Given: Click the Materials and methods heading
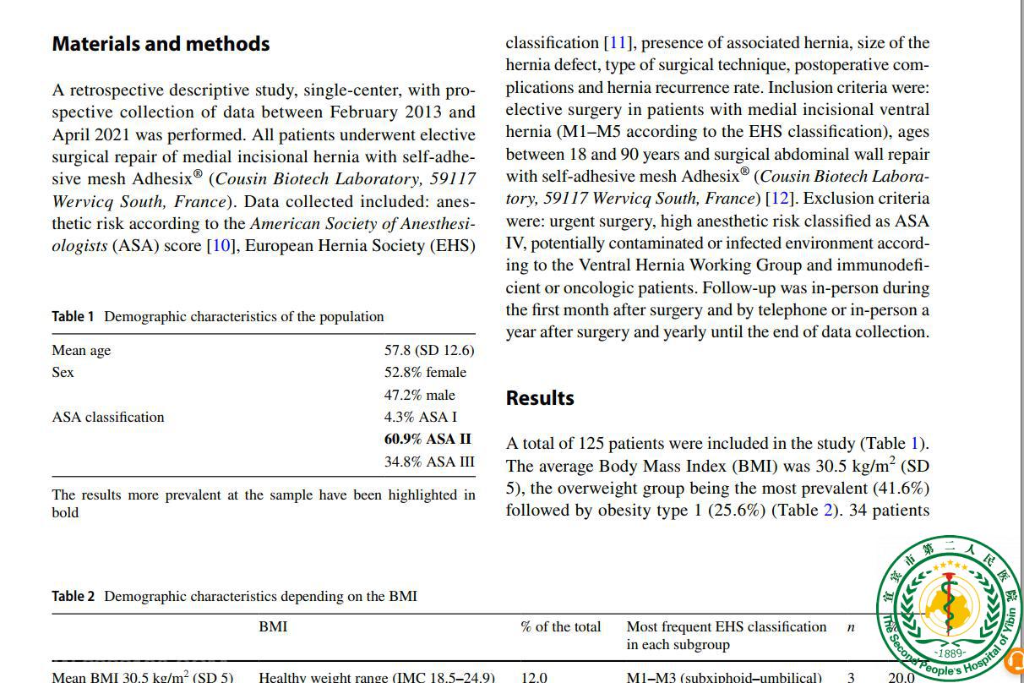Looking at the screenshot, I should [161, 44].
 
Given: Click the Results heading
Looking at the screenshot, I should [540, 398].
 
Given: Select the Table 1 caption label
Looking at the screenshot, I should [73, 317].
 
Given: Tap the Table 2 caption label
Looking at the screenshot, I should [73, 597].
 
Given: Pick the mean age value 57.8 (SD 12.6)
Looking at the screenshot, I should [429, 351].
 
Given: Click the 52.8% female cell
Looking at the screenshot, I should [425, 373].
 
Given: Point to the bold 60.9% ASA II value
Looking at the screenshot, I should [428, 440].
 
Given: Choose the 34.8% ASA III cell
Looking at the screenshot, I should [429, 462].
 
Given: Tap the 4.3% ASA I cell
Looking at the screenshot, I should [420, 418].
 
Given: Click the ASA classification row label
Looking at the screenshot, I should [108, 418].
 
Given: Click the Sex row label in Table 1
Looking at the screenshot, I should [63, 373].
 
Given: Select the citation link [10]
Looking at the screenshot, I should [220, 246].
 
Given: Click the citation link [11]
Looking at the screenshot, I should [617, 43].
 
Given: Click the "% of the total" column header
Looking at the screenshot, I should [561, 627].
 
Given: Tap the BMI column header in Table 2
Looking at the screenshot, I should [273, 627].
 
